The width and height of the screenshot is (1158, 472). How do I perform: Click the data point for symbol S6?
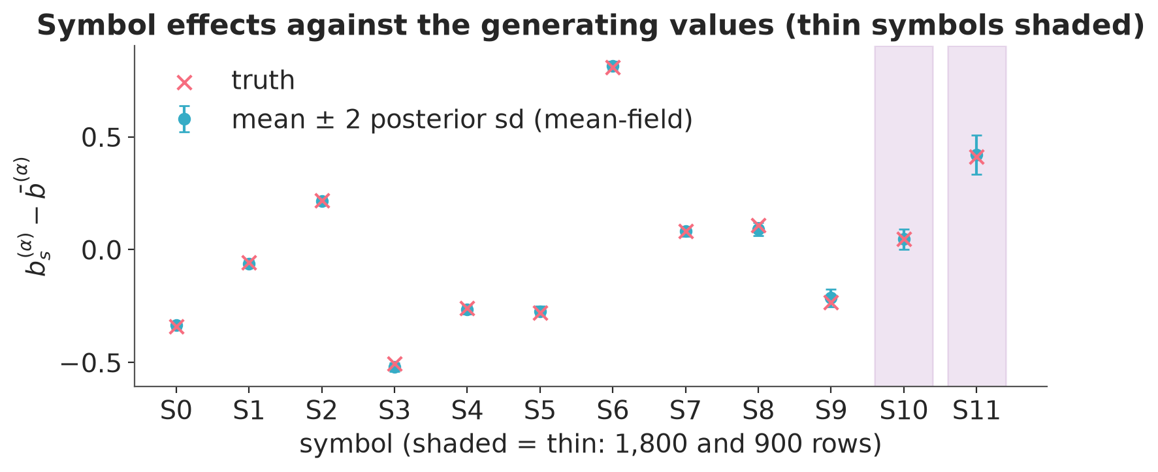click(613, 67)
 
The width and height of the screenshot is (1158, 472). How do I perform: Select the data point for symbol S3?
click(394, 366)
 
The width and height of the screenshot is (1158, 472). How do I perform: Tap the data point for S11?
click(976, 155)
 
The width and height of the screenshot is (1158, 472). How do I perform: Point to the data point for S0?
click(176, 326)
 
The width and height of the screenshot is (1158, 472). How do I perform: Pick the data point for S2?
click(322, 201)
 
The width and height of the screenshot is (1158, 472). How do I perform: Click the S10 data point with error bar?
click(904, 240)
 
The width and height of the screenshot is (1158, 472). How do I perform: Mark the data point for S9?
click(831, 298)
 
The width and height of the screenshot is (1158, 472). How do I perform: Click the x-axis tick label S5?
click(540, 411)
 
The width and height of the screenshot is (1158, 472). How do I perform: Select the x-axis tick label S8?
click(758, 411)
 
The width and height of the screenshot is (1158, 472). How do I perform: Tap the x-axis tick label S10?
click(904, 411)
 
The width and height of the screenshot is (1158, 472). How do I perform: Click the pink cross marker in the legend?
click(185, 82)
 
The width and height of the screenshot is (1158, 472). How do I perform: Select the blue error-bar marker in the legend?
click(185, 119)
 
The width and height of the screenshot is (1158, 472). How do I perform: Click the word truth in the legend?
click(263, 80)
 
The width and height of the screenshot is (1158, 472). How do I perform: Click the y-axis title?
click(37, 216)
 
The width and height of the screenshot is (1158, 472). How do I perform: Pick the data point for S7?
click(686, 231)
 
